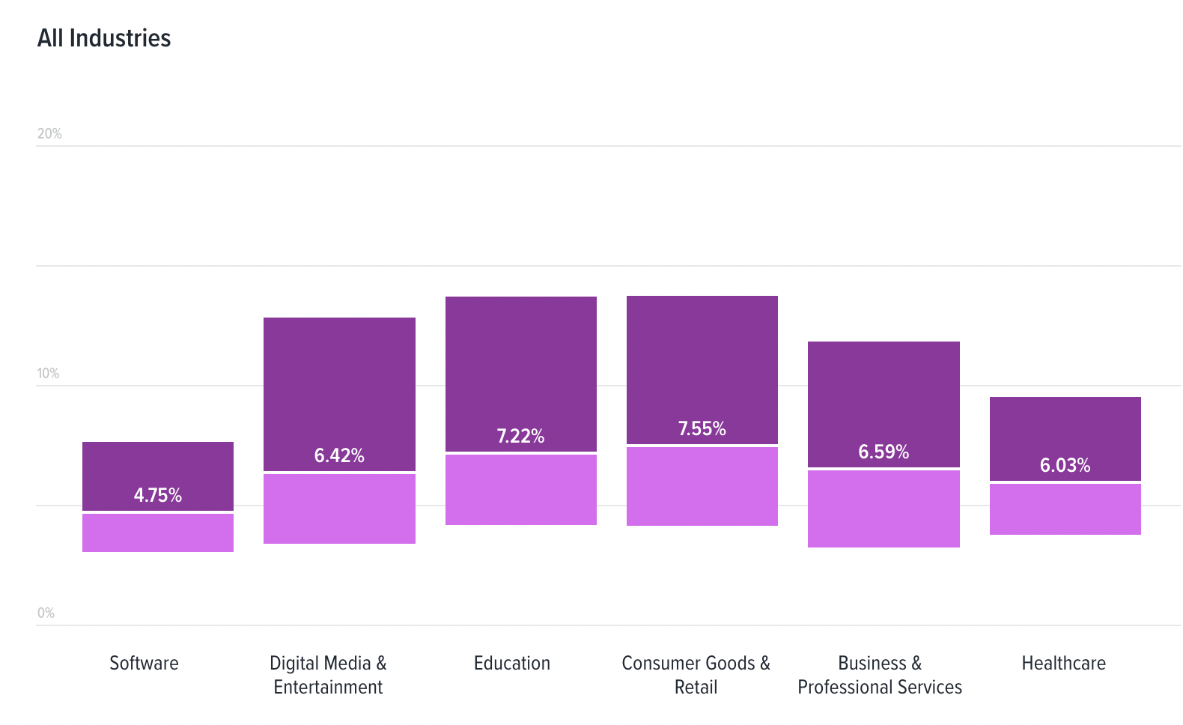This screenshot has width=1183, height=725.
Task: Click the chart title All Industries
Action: (104, 38)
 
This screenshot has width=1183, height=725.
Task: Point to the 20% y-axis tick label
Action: (49, 134)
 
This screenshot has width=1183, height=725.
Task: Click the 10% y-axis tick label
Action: (48, 374)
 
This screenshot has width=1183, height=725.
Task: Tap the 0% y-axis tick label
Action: (46, 613)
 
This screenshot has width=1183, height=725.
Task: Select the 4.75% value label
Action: (158, 495)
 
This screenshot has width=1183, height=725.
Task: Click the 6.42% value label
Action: (339, 455)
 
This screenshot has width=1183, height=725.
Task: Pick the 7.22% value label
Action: (520, 436)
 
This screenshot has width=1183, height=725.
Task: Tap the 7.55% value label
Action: (702, 428)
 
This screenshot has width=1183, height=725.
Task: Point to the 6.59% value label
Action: (884, 452)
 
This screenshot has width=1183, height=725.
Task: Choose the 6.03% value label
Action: (1065, 465)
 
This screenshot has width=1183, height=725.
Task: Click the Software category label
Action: (144, 664)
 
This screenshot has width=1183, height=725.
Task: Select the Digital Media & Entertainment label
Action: (328, 675)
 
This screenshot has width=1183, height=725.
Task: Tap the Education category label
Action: (512, 664)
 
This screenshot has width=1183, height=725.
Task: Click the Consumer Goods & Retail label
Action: (696, 675)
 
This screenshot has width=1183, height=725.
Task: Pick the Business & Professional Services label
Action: (880, 675)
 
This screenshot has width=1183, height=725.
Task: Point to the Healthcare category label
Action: (1063, 664)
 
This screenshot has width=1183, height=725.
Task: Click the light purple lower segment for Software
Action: (158, 533)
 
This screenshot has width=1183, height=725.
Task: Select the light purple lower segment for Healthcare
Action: (1065, 509)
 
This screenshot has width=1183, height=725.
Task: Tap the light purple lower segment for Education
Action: (520, 490)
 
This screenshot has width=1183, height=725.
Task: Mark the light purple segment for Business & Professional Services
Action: (884, 509)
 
